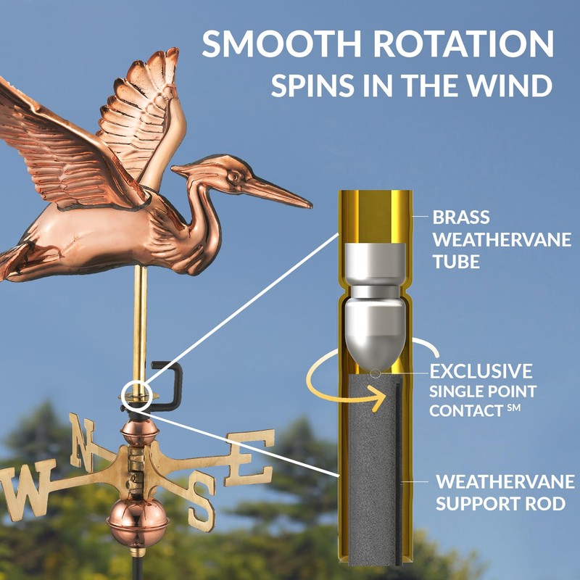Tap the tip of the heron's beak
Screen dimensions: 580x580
tap(310, 207)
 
